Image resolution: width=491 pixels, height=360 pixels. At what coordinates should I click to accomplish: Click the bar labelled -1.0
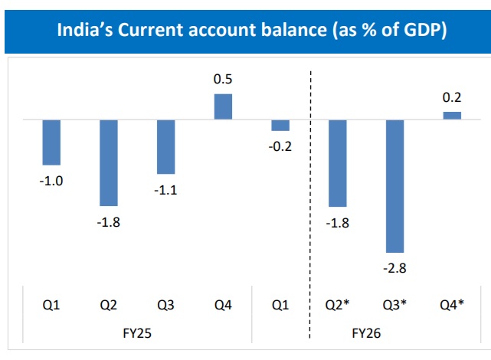pyautogui.click(x=51, y=142)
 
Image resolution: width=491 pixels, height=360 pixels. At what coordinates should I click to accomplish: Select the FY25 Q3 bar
pyautogui.click(x=165, y=147)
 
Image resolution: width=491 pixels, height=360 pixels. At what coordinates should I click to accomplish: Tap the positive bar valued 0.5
pyautogui.click(x=223, y=106)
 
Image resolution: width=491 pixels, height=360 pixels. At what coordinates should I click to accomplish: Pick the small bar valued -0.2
pyautogui.click(x=280, y=126)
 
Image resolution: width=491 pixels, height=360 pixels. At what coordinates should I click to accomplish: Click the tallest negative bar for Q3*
pyautogui.click(x=395, y=186)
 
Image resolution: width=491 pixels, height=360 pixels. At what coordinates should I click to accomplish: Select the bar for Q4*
pyautogui.click(x=452, y=115)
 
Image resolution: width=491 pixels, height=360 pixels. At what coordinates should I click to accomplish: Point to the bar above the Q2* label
pyautogui.click(x=338, y=163)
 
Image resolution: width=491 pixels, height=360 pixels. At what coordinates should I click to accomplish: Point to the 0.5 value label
pyautogui.click(x=223, y=80)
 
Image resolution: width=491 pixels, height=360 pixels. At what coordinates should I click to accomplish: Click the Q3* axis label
pyautogui.click(x=395, y=305)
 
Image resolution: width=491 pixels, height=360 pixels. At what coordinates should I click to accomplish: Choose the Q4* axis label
pyautogui.click(x=452, y=305)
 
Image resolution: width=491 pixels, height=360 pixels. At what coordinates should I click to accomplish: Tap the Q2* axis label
pyautogui.click(x=338, y=305)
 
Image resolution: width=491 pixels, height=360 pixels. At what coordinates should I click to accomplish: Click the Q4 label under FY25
pyautogui.click(x=223, y=305)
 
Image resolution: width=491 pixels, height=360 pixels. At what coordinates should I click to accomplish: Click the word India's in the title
pyautogui.click(x=87, y=31)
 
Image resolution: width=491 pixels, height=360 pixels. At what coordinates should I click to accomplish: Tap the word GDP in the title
pyautogui.click(x=420, y=31)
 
